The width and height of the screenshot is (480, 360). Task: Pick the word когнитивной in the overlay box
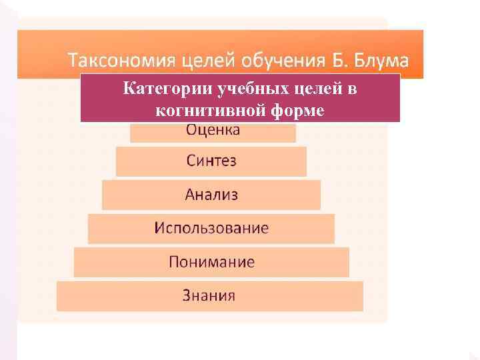(208, 110)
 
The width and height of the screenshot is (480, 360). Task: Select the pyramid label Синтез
(211, 161)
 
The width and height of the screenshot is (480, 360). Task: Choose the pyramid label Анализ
(211, 195)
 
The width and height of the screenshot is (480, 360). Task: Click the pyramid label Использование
(211, 228)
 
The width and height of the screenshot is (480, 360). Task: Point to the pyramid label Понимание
(211, 261)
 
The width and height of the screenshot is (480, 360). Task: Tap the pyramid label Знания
(209, 295)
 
